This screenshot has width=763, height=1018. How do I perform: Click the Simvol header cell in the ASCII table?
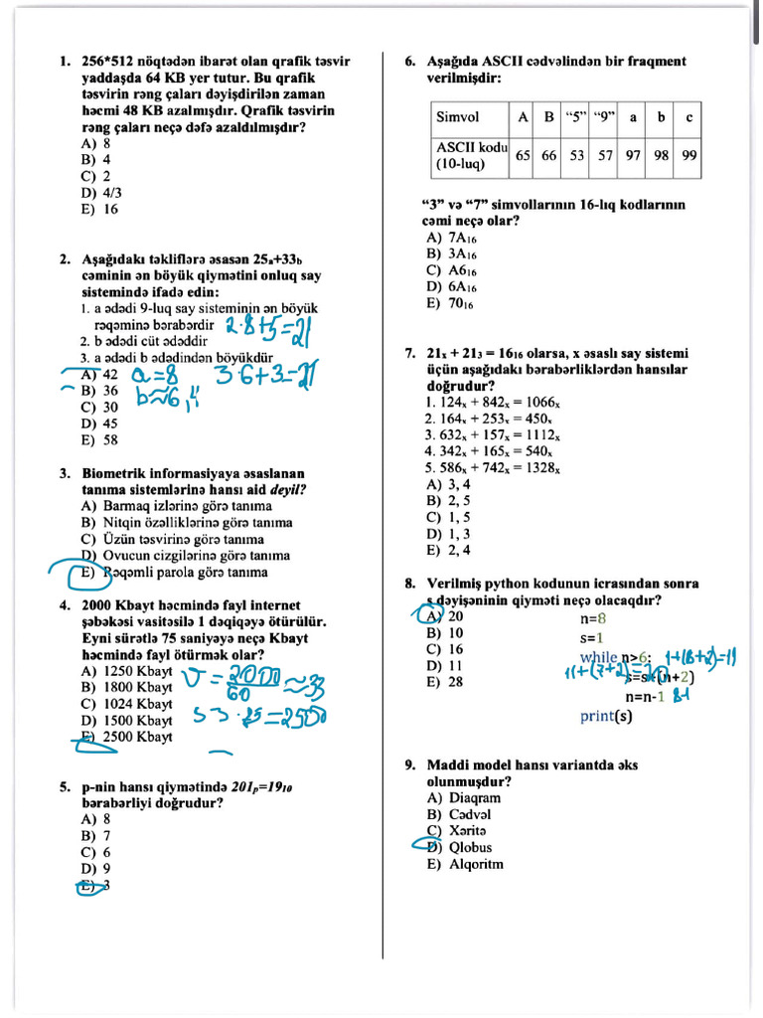click(x=457, y=117)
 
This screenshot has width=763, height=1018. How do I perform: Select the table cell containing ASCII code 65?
click(x=523, y=155)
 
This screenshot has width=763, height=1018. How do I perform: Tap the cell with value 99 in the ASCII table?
click(x=688, y=155)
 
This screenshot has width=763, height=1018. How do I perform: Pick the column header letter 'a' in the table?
click(x=632, y=117)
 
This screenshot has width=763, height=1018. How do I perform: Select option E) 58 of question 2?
click(x=99, y=439)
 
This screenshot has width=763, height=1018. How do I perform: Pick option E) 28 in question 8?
click(x=444, y=682)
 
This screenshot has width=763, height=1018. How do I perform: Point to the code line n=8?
click(x=592, y=617)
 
